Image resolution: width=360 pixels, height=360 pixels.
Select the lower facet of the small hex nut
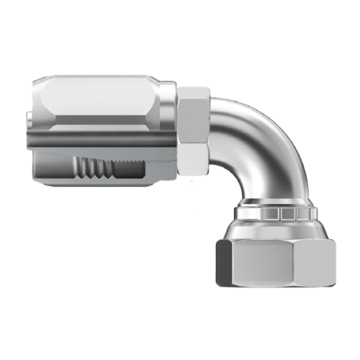coord(193,159)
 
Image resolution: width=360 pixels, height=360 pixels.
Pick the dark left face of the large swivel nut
coord(222,263)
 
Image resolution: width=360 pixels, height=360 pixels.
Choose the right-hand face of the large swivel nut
coord(318,263)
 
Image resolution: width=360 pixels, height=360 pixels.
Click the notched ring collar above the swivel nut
coord(276,213)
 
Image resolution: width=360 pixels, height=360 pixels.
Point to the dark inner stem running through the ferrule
coord(97,140)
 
